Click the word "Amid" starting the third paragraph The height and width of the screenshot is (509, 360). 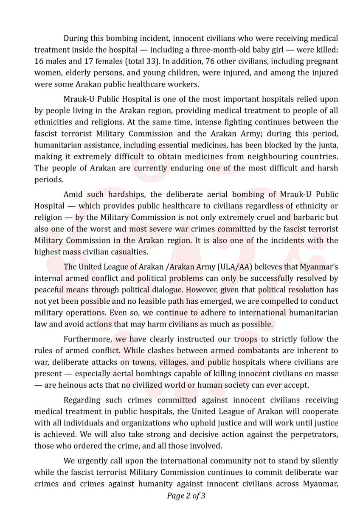pos(72,194)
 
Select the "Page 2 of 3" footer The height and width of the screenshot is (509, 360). pos(186,495)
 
